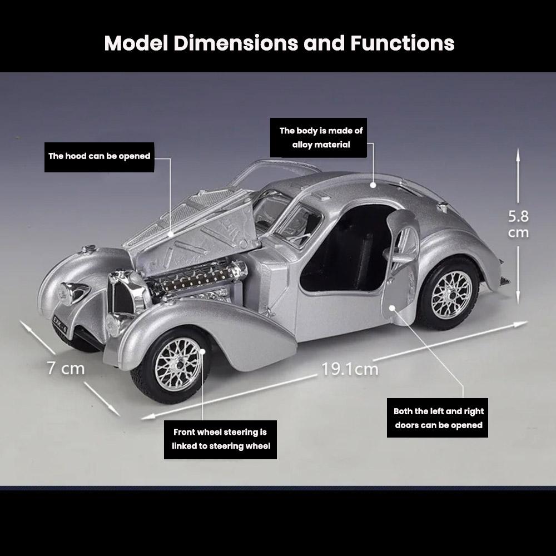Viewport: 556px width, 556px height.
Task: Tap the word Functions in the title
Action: point(402,43)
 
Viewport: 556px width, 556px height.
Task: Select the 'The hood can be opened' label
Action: point(99,156)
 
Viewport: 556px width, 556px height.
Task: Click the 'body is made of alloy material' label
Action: point(321,137)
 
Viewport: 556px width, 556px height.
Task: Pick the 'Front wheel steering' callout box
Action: point(220,439)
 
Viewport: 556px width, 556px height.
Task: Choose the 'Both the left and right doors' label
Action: point(438,418)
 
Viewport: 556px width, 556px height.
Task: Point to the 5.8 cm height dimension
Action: point(518,224)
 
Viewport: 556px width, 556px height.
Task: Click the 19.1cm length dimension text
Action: point(350,369)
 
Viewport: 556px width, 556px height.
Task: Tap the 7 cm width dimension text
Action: point(66,368)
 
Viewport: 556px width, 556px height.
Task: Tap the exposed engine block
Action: point(197,278)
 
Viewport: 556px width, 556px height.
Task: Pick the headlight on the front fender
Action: point(72,291)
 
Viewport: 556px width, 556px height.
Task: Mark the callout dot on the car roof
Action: point(374,183)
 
